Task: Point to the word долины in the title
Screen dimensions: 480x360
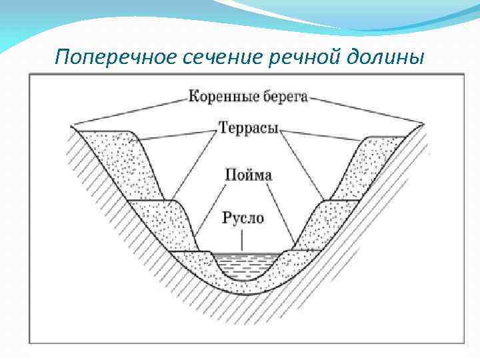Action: coord(386,58)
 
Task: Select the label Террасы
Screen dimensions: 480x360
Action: coord(247,127)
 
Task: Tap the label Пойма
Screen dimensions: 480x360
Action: coord(248,175)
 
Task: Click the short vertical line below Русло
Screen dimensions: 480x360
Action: coord(243,241)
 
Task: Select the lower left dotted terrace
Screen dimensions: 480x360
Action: coord(163,220)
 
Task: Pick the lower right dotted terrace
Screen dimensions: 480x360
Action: coord(323,220)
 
